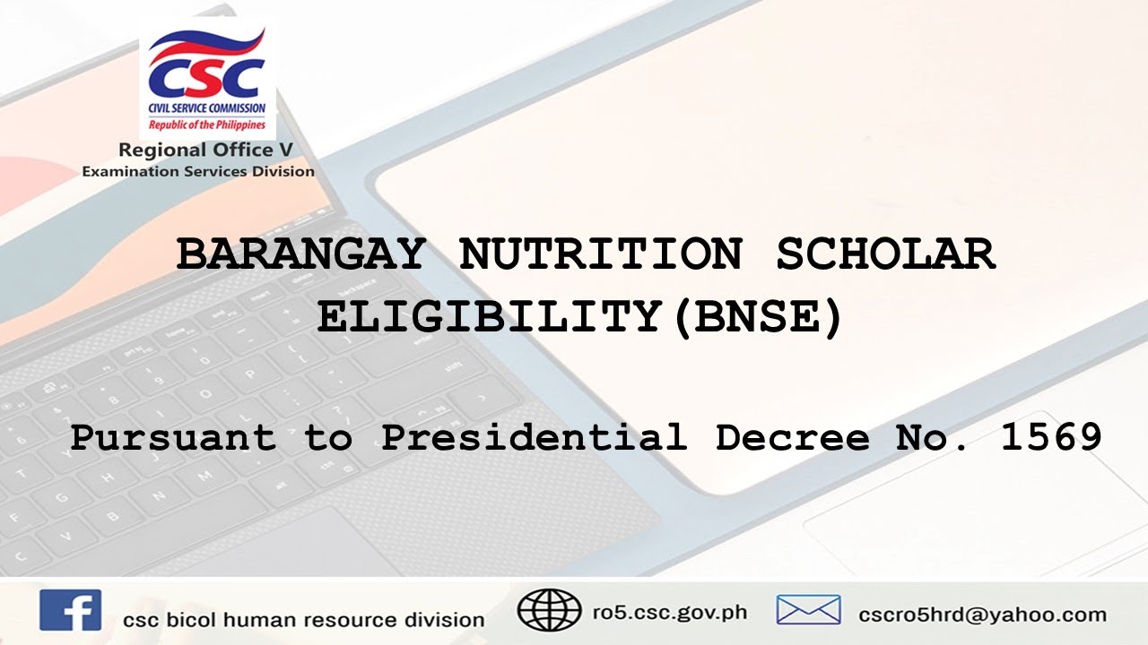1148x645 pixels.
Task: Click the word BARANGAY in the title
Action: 300,255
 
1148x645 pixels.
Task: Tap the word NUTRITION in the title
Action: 600,255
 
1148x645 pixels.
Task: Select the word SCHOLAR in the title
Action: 885,255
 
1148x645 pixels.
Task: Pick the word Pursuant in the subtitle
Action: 173,438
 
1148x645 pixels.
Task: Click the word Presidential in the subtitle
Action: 535,438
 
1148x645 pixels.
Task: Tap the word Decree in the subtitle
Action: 793,438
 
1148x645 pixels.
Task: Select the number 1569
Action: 1051,438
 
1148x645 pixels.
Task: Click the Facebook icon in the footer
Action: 70,611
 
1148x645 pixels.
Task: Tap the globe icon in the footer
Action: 549,611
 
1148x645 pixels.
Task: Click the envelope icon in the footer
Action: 808,611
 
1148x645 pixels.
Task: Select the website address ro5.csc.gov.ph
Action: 669,614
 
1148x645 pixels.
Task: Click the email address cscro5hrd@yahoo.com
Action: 981,615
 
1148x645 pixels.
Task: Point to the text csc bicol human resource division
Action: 304,620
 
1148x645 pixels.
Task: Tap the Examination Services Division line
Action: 198,171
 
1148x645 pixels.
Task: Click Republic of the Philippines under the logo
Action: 207,125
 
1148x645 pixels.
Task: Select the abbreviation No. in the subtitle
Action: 934,438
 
